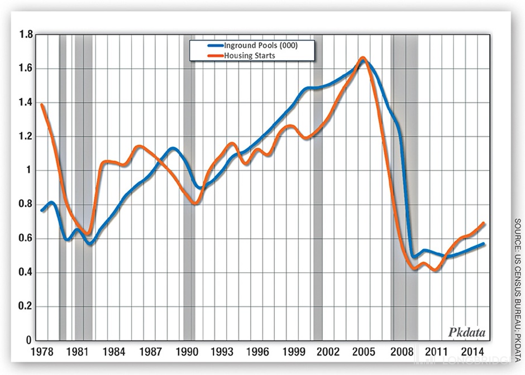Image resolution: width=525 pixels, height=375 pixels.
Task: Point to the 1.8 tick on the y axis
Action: point(26,35)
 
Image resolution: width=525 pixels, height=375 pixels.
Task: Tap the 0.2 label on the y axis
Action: point(26,307)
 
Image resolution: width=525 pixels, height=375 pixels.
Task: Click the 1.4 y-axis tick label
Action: point(26,103)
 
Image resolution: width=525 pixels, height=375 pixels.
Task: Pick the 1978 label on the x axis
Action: point(42,352)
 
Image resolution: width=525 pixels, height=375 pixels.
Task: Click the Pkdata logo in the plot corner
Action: point(467,333)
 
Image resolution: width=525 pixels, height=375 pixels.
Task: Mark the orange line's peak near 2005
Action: point(362,57)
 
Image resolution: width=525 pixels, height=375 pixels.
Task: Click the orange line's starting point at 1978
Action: point(42,105)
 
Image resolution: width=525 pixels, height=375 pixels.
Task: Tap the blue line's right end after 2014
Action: point(484,244)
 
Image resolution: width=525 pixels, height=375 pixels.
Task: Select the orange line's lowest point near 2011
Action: point(435,270)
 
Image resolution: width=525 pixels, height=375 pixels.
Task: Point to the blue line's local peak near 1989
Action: point(173,148)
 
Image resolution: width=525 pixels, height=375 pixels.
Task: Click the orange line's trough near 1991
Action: point(195,203)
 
